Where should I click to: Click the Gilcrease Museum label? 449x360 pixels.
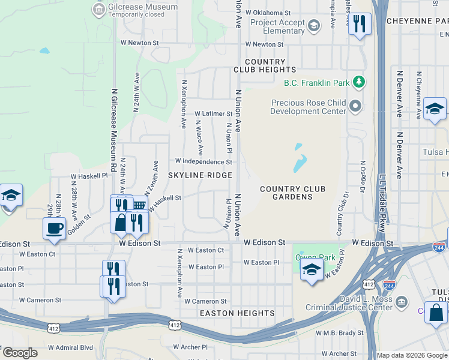pyautogui.click(x=143, y=7)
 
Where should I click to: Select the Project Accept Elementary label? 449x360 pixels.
pyautogui.click(x=278, y=27)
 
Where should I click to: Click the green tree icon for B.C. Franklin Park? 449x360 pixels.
pyautogui.click(x=359, y=81)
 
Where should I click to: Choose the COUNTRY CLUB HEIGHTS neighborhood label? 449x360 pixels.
pyautogui.click(x=265, y=66)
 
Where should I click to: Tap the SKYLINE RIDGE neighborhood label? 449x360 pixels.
pyautogui.click(x=200, y=175)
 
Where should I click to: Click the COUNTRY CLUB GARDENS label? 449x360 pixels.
pyautogui.click(x=292, y=193)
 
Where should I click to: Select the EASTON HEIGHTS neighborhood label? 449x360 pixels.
pyautogui.click(x=237, y=313)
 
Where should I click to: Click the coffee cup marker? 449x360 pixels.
pyautogui.click(x=54, y=228)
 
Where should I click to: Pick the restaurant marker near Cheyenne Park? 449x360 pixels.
pyautogui.click(x=360, y=24)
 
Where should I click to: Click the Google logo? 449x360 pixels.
pyautogui.click(x=20, y=353)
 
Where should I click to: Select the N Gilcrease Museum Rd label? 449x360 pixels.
pyautogui.click(x=113, y=130)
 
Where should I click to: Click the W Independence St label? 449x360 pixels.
pyautogui.click(x=203, y=162)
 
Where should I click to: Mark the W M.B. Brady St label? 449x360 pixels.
pyautogui.click(x=339, y=332)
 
